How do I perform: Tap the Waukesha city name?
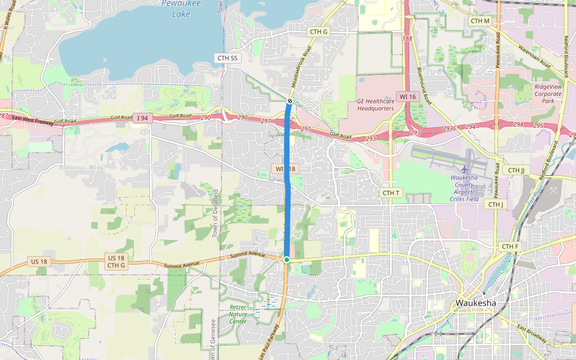coord(476,302)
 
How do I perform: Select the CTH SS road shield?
coord(227,58)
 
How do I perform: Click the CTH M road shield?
coord(480,21)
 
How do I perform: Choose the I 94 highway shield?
coord(142,118)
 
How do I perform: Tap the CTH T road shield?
coord(391,193)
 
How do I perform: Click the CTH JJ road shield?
coord(516,170)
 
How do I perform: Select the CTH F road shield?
coord(510,247)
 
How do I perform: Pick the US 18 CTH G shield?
coord(116,262)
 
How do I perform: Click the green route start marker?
coord(287,259)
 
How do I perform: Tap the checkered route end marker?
coord(290,101)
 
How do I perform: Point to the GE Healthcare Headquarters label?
coord(376,105)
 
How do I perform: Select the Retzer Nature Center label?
coord(238,314)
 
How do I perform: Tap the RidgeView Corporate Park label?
coord(548,94)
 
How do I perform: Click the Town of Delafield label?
coord(217,213)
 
